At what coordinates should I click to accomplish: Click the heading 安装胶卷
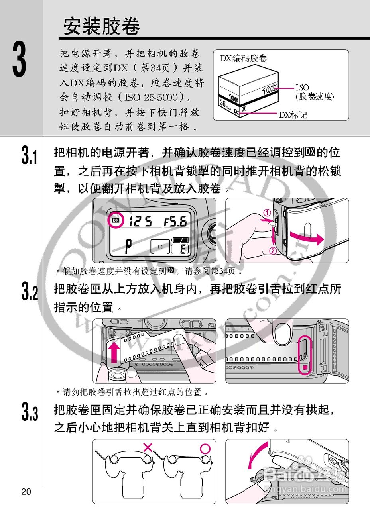102,27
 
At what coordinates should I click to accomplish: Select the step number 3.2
30,292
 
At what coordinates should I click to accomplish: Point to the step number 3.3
30,412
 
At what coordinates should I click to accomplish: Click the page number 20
26,492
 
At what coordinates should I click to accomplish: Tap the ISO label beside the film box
302,87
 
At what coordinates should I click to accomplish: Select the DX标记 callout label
293,115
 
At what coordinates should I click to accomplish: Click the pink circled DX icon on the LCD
116,220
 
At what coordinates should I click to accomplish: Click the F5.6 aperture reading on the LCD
175,221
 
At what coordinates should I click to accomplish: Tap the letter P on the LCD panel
128,247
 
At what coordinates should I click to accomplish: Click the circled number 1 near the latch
267,213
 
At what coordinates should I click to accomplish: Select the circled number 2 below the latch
273,251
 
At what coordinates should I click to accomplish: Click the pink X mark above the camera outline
148,447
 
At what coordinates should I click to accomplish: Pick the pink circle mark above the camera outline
205,449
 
